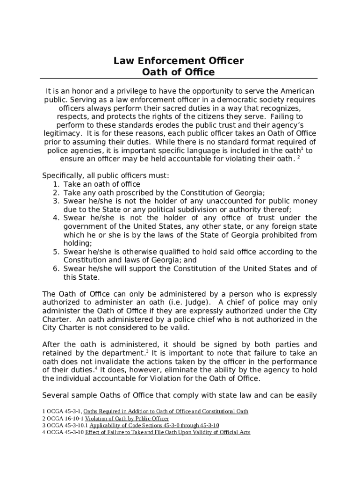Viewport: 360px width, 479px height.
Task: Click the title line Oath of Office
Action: tap(178, 73)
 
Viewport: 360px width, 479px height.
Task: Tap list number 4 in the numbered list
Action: tap(56, 218)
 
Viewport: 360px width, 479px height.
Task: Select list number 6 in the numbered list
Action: tap(56, 269)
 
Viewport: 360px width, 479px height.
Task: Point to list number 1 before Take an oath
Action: tap(56, 184)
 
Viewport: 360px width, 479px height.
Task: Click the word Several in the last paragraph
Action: tap(56, 395)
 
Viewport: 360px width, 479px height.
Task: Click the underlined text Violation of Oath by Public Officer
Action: tap(127, 419)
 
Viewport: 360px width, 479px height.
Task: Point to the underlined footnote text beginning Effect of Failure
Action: tap(167, 433)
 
